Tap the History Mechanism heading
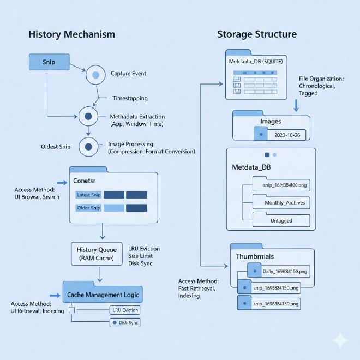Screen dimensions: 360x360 [x=71, y=34]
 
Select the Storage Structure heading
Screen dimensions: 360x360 [x=257, y=34]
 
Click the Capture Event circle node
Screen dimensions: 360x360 [x=96, y=74]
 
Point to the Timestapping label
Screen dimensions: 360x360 [x=130, y=99]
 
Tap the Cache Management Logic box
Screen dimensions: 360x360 [x=103, y=295]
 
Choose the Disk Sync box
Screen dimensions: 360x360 [x=125, y=323]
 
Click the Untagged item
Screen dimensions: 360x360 [x=281, y=220]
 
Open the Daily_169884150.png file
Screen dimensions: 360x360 [x=279, y=271]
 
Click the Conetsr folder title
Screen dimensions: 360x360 [x=88, y=181]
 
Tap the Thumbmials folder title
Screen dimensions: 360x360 [x=255, y=256]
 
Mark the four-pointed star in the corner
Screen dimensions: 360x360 [x=340, y=341]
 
